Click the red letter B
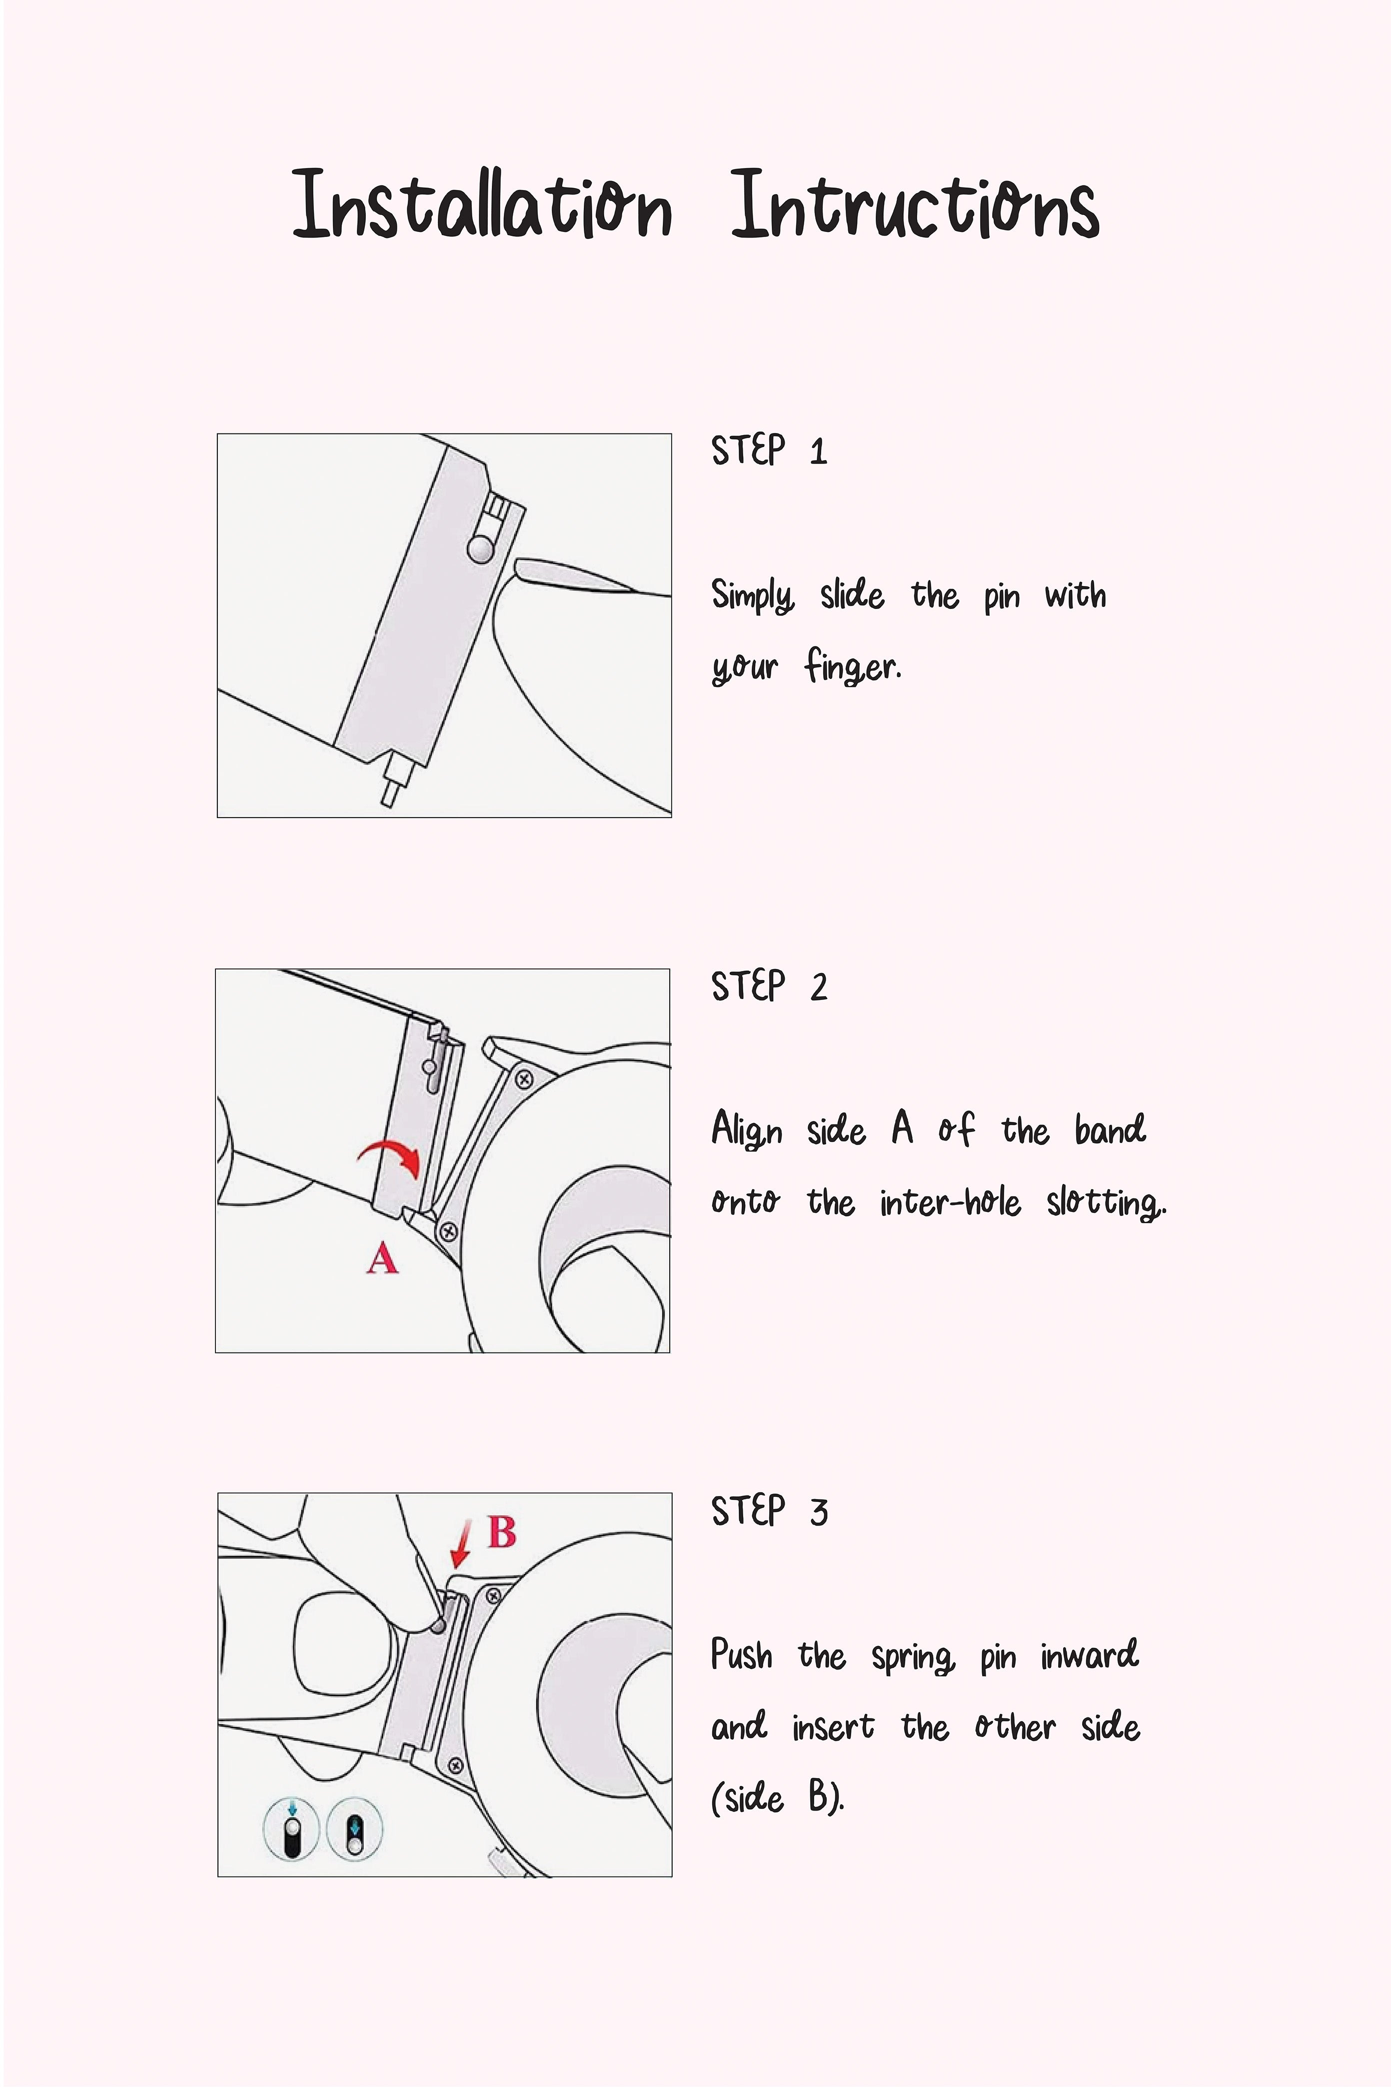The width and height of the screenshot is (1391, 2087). click(502, 1531)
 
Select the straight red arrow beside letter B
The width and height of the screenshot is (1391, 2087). click(461, 1544)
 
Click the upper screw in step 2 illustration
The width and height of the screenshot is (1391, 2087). click(523, 1079)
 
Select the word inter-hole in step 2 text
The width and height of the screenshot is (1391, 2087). click(950, 1202)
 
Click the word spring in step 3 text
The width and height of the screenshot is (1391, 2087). click(913, 1656)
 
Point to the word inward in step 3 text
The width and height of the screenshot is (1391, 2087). click(1090, 1654)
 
